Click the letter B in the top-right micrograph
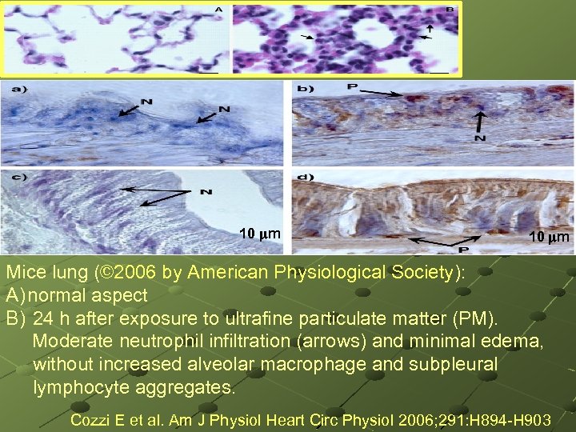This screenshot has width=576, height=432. pyautogui.click(x=450, y=10)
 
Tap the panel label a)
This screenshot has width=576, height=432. pyautogui.click(x=17, y=90)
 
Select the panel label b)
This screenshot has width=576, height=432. pyautogui.click(x=304, y=89)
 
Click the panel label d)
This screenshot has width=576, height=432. pyautogui.click(x=304, y=176)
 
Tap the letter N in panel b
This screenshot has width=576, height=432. pyautogui.click(x=480, y=138)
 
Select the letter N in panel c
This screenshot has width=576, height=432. pyautogui.click(x=206, y=193)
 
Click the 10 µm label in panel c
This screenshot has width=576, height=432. pyautogui.click(x=260, y=234)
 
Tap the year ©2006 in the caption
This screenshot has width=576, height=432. pyautogui.click(x=128, y=272)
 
